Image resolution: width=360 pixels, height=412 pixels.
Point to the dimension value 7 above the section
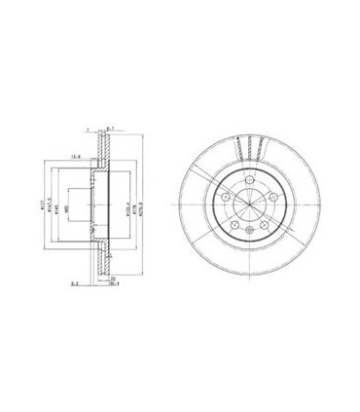[x=89, y=128]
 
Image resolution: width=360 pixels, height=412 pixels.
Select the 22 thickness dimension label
[x=113, y=279]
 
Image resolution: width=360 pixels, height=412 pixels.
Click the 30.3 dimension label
[x=114, y=285]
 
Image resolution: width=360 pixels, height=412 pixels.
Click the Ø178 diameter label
[x=135, y=206]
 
